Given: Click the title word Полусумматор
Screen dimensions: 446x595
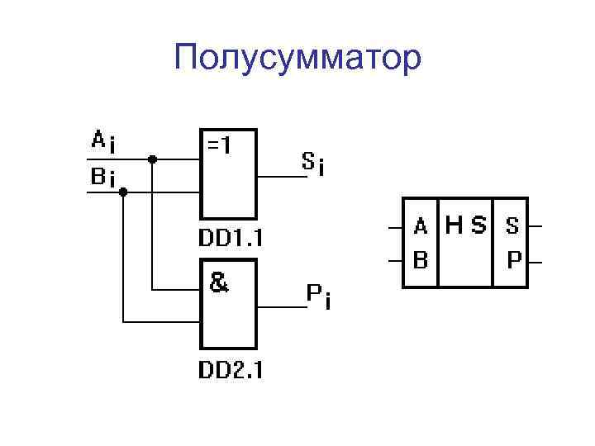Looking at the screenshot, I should coord(297,59).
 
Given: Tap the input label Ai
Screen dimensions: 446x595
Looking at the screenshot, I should coord(103,142).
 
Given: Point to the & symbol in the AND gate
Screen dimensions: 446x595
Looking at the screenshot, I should coord(219,283).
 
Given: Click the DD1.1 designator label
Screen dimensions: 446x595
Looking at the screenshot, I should coord(230,240).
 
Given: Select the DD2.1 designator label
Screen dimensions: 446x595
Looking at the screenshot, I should coord(230,369).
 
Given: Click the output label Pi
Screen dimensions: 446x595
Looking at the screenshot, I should coord(319,295).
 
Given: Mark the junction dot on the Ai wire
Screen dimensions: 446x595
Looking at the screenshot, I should coord(153,159).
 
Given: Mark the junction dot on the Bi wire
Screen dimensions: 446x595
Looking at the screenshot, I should coord(123,192).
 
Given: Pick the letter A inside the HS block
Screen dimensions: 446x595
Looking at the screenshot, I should coord(421,225).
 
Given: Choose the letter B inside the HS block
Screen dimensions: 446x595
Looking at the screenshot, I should coord(421,261).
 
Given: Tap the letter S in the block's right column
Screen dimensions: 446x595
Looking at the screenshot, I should coord(512,225).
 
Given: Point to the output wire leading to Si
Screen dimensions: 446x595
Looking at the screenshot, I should coord(281,176).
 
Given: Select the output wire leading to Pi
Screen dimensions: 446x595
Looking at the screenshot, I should coord(281,306).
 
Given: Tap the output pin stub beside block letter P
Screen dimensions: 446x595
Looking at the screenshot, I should coord(535,262).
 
